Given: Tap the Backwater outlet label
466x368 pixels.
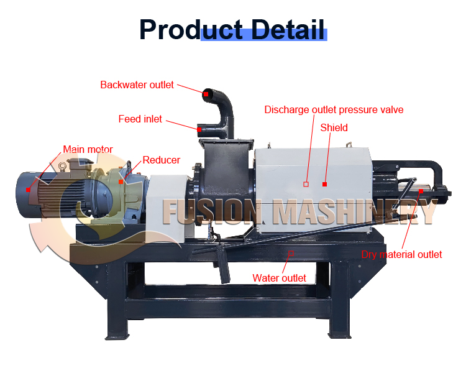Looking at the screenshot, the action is coord(137,85).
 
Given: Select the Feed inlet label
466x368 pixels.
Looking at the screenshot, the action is coord(140,119).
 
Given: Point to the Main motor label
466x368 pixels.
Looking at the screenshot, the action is coord(88,149).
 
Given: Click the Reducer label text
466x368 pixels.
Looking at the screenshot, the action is coord(161,160).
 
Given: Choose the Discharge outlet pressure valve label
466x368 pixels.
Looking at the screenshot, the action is coord(334,109).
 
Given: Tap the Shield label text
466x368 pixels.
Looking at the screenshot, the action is coord(334,127).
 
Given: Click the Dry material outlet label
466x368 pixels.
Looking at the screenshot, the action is coord(401,254).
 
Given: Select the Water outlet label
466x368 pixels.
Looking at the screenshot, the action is coord(279,278).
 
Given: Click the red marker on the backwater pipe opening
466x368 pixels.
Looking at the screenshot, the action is coord(205,93).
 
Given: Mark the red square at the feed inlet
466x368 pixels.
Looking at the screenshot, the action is coord(199,130).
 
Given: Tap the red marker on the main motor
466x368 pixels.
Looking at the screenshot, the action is coord(28,189).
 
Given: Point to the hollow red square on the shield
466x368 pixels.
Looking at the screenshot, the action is coord(306,184).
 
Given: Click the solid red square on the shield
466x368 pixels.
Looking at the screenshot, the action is coord(324,184).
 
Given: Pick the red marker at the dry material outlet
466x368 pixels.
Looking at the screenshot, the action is coord(421,191).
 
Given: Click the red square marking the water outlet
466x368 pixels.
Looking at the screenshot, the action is coord(291,253).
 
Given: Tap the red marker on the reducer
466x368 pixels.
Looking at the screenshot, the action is coord(121,182).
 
